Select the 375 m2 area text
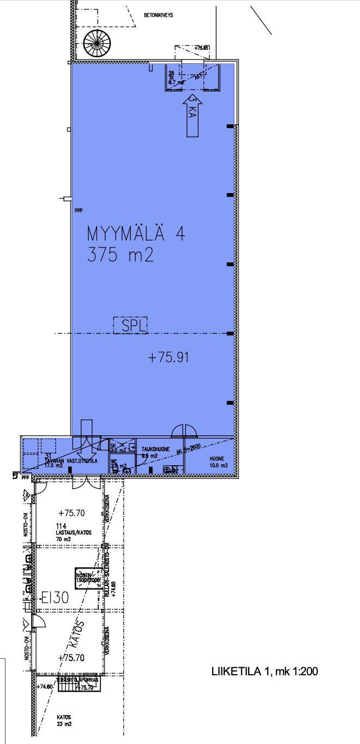click(x=120, y=255)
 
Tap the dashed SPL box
click(x=130, y=325)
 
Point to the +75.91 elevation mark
click(x=169, y=357)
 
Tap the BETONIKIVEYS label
click(x=158, y=15)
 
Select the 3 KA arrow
click(x=192, y=114)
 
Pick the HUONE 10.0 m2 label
click(x=220, y=463)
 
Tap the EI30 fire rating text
click(x=55, y=597)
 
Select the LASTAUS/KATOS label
click(x=76, y=532)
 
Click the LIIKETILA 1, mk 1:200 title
click(x=265, y=671)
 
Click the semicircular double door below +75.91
click(x=185, y=431)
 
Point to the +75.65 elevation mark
click(x=201, y=48)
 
